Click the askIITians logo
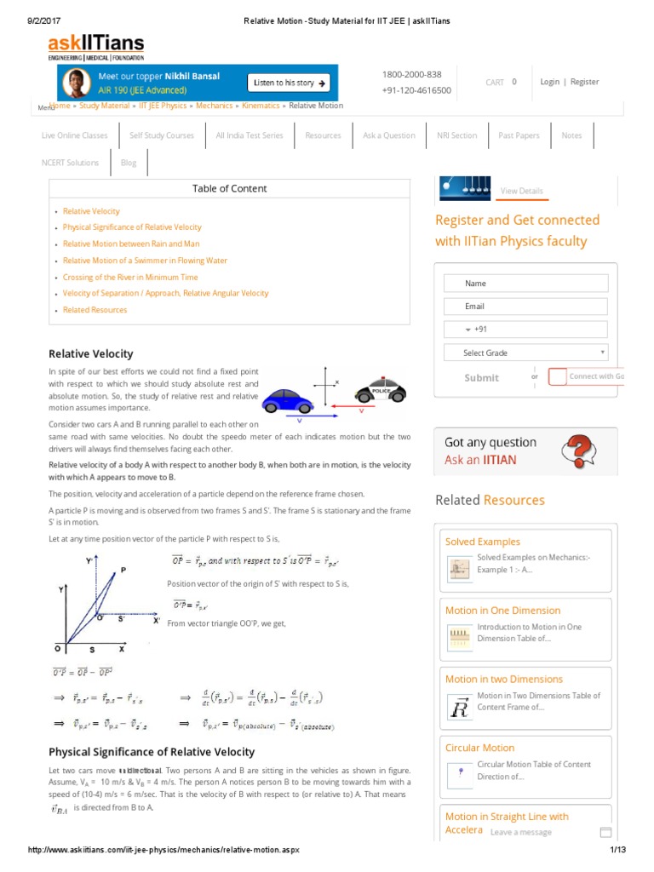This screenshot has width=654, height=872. point(95,47)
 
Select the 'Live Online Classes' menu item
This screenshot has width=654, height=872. point(75,135)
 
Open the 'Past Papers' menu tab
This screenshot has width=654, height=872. point(519,135)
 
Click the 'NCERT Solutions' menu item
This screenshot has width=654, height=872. point(70,163)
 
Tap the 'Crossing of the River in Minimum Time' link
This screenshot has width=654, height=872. point(130,277)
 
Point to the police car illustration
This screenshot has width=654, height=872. point(380,391)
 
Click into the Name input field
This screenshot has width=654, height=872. point(525,284)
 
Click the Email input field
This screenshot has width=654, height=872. point(525,307)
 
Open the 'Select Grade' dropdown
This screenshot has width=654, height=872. point(525,353)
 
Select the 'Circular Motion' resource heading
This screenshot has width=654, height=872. point(479,748)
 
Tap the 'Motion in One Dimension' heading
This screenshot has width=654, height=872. point(502,611)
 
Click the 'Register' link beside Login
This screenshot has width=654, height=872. point(584,82)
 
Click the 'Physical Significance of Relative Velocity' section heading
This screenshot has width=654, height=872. point(152,752)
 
